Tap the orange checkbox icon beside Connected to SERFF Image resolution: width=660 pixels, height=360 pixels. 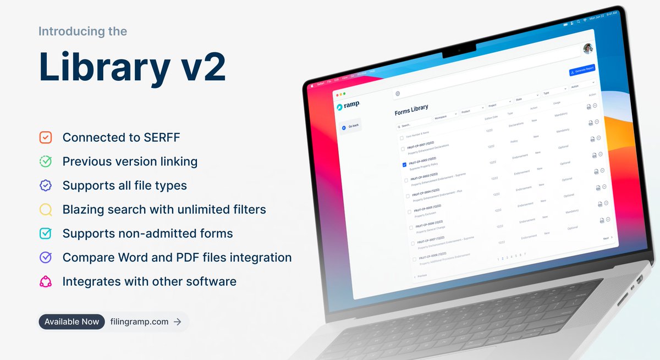(x=46, y=137)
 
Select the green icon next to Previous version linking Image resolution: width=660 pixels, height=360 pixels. (x=46, y=162)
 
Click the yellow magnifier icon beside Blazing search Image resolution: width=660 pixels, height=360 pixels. (x=46, y=209)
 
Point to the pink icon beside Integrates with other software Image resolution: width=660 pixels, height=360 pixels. (x=46, y=282)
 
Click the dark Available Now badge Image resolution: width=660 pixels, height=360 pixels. (x=71, y=322)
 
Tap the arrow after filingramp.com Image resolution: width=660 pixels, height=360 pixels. (x=177, y=322)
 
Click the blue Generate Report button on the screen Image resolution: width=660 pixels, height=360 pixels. (x=581, y=70)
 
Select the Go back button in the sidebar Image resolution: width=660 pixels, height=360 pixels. (x=350, y=126)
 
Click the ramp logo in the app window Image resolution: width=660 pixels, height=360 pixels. (x=348, y=104)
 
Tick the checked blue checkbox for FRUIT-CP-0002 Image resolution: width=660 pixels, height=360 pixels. (x=404, y=164)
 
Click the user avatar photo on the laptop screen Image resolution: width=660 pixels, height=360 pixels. (x=587, y=49)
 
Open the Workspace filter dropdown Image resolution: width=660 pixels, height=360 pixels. (x=445, y=115)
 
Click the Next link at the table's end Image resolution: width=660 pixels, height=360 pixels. (x=607, y=238)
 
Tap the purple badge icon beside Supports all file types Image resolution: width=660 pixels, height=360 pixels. (x=46, y=186)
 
